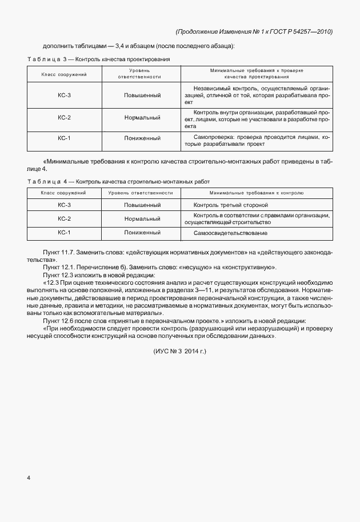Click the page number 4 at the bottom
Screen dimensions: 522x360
coord(29,476)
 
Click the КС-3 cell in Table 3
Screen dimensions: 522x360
coord(64,95)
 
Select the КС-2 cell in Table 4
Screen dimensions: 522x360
coord(64,218)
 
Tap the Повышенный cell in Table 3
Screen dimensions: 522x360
coord(142,95)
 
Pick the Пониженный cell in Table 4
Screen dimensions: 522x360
coord(142,233)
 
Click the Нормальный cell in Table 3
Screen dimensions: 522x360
coord(142,117)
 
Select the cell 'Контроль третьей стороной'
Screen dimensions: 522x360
coord(231,205)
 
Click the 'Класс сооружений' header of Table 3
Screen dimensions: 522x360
coord(64,75)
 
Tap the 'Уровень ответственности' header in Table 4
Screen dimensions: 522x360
coord(141,193)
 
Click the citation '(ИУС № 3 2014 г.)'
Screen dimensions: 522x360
coord(179,351)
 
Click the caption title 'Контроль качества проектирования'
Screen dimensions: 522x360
coord(123,59)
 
